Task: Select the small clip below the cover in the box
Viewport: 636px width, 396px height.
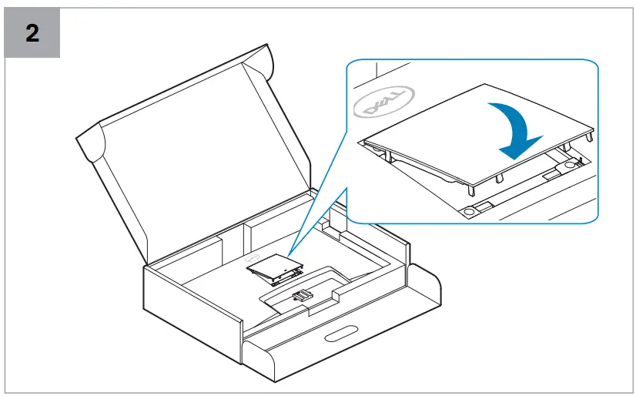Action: (302, 294)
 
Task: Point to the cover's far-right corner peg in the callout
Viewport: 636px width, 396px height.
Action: (591, 136)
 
